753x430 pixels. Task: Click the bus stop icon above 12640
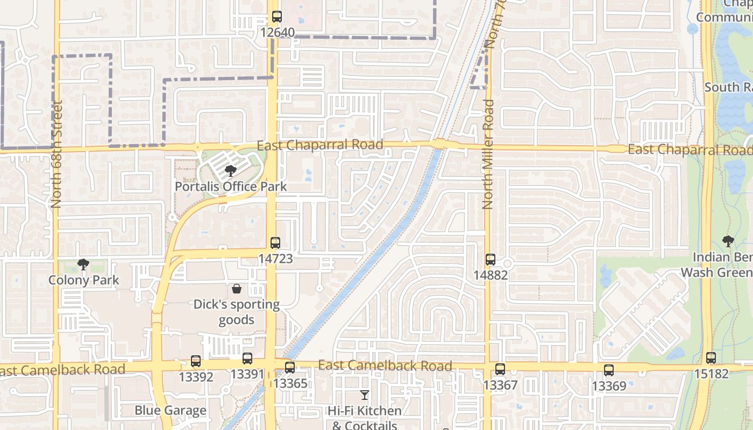[276, 17]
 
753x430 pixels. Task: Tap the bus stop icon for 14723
[275, 243]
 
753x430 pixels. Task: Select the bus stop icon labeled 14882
[491, 260]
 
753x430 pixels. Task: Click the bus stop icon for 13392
[196, 361]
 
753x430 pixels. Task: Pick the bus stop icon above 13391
[247, 359]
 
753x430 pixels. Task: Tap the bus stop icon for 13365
[290, 368]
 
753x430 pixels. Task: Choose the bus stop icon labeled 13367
[500, 369]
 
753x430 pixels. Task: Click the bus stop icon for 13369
[609, 370]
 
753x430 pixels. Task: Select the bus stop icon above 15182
[711, 358]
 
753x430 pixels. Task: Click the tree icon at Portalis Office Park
[231, 171]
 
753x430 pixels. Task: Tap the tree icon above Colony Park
[83, 264]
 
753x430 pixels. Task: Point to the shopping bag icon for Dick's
[237, 289]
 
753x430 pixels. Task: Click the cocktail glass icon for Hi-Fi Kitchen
[365, 396]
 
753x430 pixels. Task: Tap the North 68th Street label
[56, 154]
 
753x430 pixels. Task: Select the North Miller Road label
[488, 154]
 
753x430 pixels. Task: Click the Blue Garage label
[171, 411]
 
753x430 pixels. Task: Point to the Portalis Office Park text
[231, 187]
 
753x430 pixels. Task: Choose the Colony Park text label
[83, 280]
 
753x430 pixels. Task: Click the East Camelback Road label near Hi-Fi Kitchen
[385, 366]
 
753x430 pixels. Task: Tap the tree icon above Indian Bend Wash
[728, 241]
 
